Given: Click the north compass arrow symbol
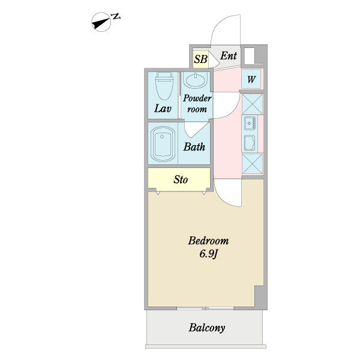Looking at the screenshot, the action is pos(101,22).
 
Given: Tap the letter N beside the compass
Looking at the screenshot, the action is pos(116,16).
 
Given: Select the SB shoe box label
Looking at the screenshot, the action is pos(200,59).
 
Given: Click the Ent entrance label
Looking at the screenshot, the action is pos(229,56).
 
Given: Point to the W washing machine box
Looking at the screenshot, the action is pos(251,79).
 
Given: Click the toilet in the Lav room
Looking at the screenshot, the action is pos(164,86).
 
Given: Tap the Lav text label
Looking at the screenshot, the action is pos(163,109).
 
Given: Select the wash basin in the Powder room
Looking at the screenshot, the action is pos(196,80).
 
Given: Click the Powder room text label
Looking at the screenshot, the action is pos(197,104).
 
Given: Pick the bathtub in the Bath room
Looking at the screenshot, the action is pos(163,144).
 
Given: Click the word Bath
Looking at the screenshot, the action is pos(194,147).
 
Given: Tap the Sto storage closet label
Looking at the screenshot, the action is pos(181,179).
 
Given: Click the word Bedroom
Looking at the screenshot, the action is pos(208,241).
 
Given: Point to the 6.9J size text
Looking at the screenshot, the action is pos(208,254).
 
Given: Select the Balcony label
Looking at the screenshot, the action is pos(207,328).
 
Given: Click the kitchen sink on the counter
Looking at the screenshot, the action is pos(250,123).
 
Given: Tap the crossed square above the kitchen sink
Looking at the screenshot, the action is pos(253,104).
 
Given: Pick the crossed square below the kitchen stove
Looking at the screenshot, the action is pos(253,164).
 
